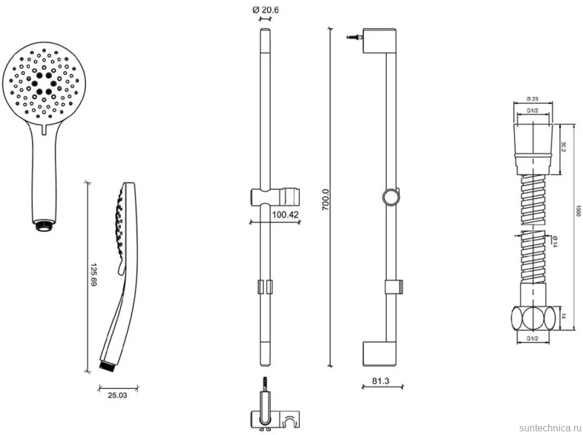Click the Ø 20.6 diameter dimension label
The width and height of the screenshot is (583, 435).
(x=266, y=10)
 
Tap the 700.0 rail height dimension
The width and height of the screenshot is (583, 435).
(x=325, y=199)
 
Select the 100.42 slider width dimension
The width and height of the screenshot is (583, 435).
(x=285, y=214)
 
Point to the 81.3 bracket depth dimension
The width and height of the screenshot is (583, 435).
(x=380, y=381)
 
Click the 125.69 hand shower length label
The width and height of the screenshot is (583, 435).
(x=93, y=275)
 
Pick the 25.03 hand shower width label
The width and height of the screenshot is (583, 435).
(x=117, y=395)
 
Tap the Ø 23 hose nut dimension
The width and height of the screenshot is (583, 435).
(x=533, y=99)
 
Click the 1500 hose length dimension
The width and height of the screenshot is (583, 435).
(x=578, y=210)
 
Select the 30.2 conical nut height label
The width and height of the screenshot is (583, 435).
(x=563, y=146)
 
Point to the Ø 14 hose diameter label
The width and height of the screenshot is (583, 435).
(x=554, y=241)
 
